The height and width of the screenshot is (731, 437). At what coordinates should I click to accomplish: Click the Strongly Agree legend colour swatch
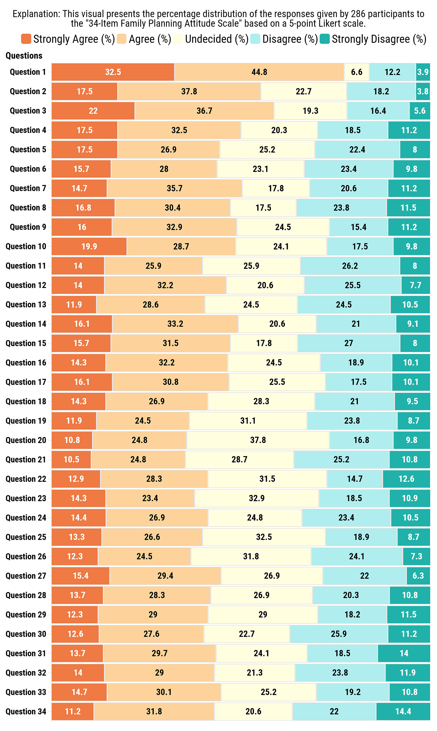[x=26, y=39]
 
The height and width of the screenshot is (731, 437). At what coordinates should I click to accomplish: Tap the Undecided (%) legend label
[x=216, y=39]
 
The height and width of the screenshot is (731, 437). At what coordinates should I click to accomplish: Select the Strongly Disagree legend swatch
[x=325, y=39]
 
